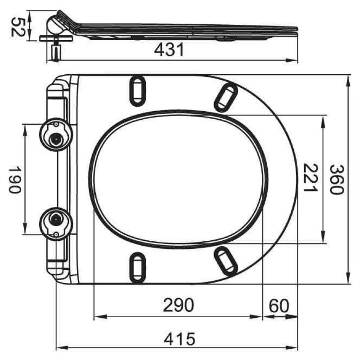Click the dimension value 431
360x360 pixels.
click(169, 50)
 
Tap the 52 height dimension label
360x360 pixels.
click(18, 27)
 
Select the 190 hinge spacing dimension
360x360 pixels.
click(15, 180)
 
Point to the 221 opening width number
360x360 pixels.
click(310, 178)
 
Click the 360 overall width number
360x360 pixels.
click(337, 180)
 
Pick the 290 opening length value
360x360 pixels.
click(178, 305)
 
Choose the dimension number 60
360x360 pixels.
click(279, 306)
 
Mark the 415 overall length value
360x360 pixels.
click(180, 339)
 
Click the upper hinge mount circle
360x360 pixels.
click(56, 135)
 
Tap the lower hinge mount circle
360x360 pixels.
click(56, 224)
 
